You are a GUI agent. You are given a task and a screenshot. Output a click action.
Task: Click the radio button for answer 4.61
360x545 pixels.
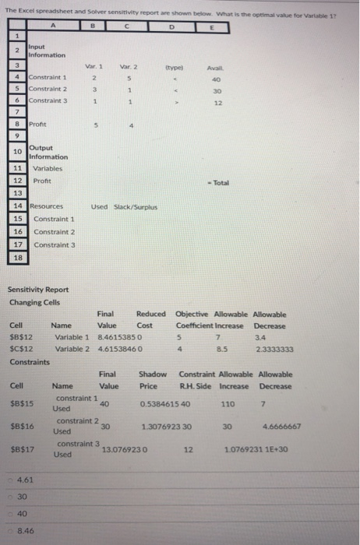11,480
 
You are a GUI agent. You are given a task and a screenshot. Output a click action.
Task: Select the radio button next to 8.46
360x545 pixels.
11,531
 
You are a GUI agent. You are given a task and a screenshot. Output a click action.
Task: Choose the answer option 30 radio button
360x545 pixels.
11,497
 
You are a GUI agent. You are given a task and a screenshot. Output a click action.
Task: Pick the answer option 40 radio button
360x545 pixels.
11,514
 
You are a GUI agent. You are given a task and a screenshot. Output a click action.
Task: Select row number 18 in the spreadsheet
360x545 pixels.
16,255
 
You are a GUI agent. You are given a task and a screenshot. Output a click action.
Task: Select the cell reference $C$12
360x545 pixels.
20,350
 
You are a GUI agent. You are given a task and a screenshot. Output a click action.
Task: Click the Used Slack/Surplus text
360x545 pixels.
119,206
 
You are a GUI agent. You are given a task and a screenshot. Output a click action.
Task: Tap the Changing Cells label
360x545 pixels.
34,302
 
